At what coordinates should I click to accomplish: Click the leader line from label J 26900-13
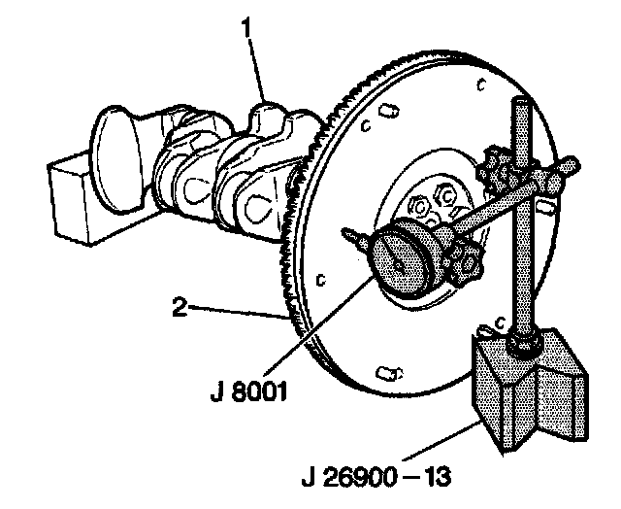pyautogui.click(x=446, y=443)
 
